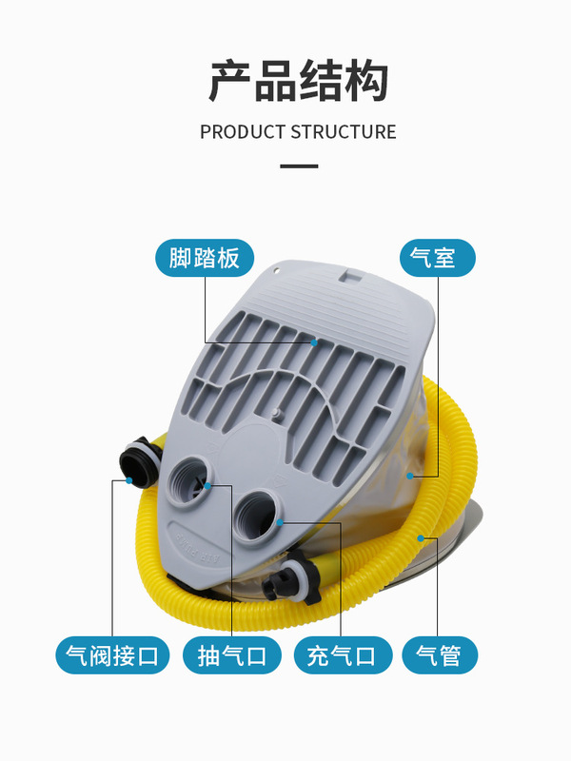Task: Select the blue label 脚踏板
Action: pyautogui.click(x=205, y=258)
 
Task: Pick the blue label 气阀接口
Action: pyautogui.click(x=112, y=655)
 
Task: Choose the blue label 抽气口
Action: pyautogui.click(x=232, y=655)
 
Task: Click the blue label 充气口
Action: pyautogui.click(x=341, y=655)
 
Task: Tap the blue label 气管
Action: pyautogui.click(x=438, y=655)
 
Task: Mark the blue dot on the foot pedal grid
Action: pyautogui.click(x=313, y=340)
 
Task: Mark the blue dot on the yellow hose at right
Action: pyautogui.click(x=420, y=538)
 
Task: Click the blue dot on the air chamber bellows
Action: pyautogui.click(x=410, y=474)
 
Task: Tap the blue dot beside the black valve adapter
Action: pyautogui.click(x=128, y=481)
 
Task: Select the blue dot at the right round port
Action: pyautogui.click(x=282, y=521)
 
